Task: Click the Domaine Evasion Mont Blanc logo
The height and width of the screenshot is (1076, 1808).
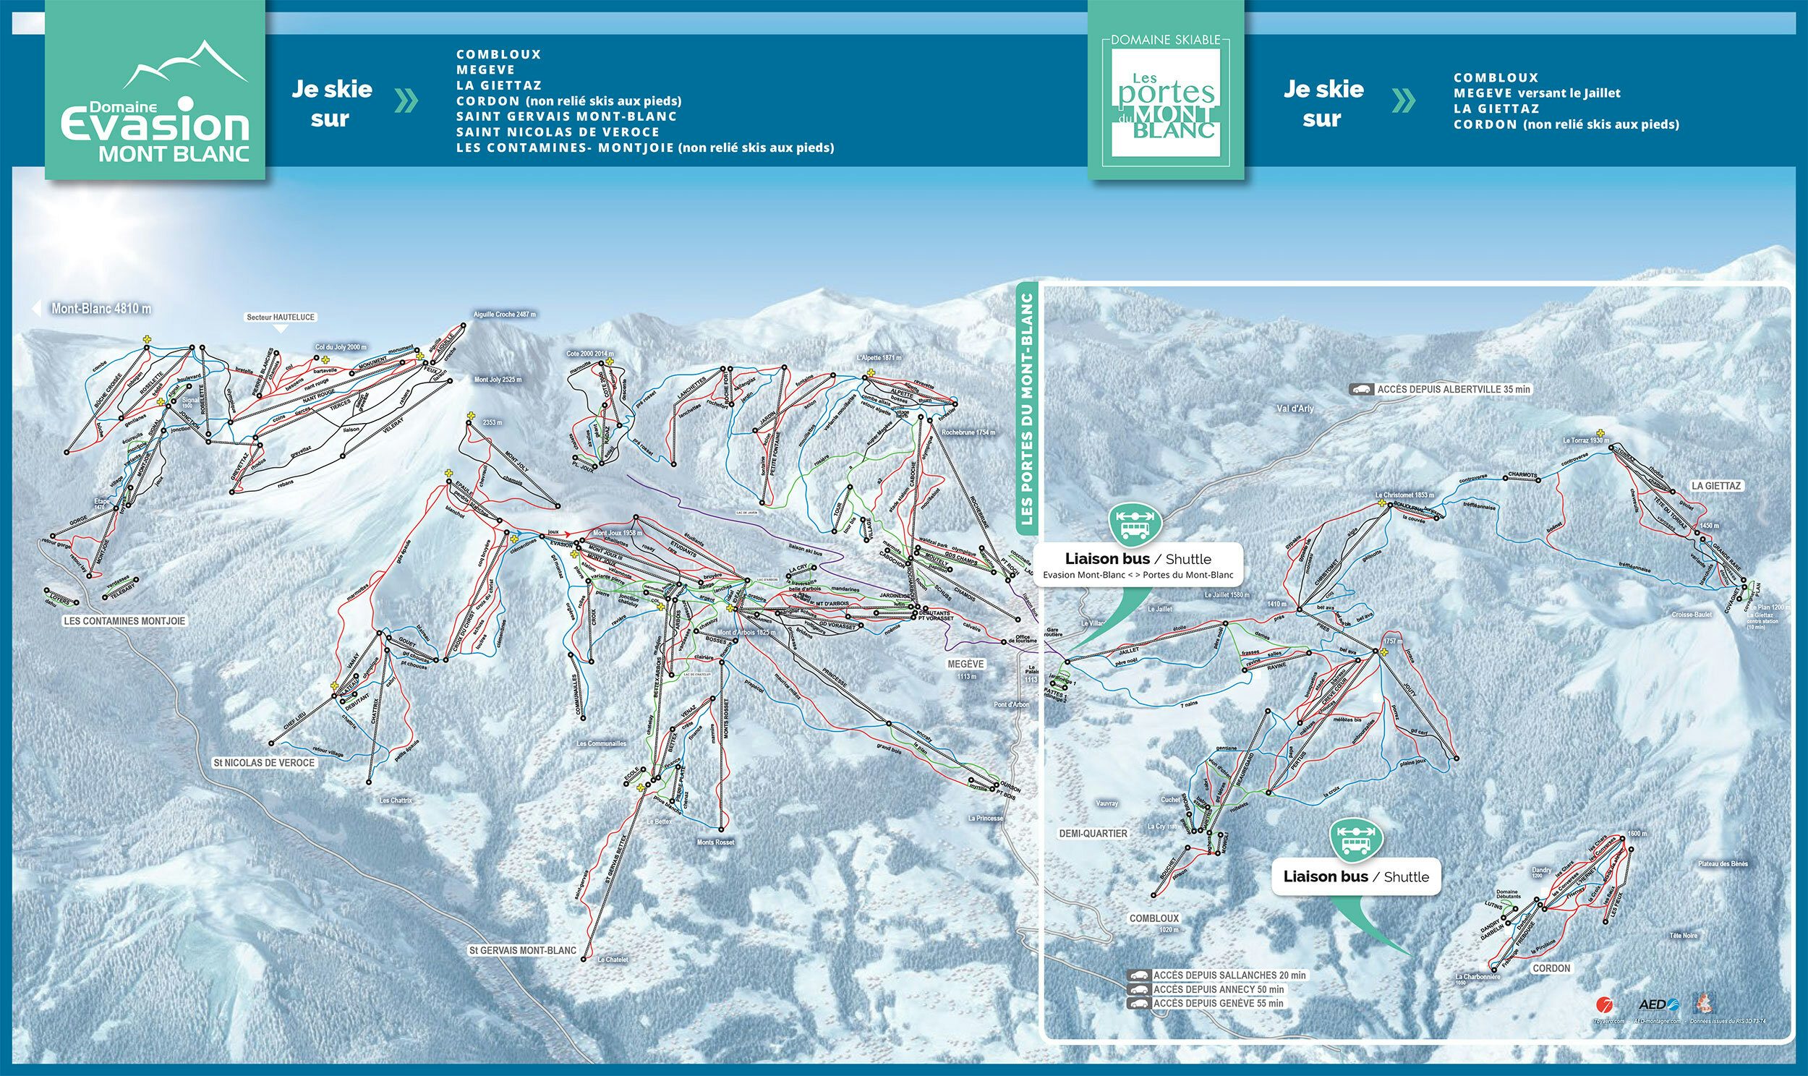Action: coord(155,90)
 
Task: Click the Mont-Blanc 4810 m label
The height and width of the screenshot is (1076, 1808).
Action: coord(101,309)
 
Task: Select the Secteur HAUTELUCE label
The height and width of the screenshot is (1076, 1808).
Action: coord(281,317)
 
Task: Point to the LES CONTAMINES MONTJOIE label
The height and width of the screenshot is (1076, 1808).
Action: coord(124,620)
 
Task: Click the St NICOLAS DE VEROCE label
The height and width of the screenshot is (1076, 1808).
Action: coord(264,763)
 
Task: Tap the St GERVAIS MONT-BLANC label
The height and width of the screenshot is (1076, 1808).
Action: coord(522,950)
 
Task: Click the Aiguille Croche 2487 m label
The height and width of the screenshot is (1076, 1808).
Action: coord(504,315)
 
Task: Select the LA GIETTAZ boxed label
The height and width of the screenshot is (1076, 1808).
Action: coord(1716,486)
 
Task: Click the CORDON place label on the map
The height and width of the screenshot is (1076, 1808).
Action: coord(1551,968)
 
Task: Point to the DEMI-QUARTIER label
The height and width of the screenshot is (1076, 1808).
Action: coord(1093,833)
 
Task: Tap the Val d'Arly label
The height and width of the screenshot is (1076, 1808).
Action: coord(1295,409)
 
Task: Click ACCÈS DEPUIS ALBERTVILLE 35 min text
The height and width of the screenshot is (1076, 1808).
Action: coord(1454,389)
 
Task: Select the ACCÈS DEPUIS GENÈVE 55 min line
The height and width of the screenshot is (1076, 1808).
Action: coord(1218,1004)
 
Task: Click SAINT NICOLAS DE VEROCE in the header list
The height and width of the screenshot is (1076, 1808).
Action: coord(558,132)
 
